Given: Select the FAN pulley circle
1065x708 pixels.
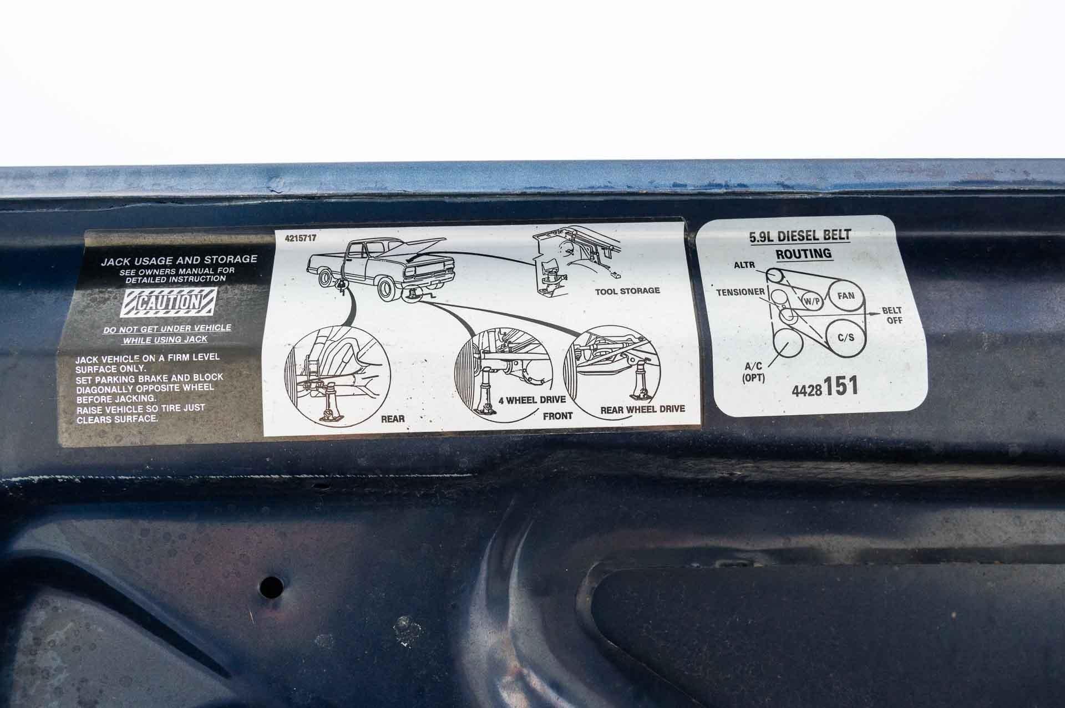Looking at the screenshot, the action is [846, 296].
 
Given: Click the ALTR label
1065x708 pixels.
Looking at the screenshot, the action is [744, 265].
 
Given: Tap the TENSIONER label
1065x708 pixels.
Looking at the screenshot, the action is [741, 292].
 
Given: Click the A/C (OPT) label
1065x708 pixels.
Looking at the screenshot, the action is [753, 373].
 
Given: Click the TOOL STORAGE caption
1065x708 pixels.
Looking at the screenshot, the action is [627, 291].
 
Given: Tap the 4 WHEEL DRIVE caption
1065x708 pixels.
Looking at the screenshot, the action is [532, 400].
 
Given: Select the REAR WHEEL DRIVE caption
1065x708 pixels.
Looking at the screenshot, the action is [642, 410].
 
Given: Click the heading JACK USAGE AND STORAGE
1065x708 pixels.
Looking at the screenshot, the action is [179, 259].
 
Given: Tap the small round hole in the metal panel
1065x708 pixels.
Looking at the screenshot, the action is [271, 585].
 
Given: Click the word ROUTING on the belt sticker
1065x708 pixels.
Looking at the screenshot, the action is [803, 254].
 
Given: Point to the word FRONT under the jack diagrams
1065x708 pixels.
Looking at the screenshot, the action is [557, 416].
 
